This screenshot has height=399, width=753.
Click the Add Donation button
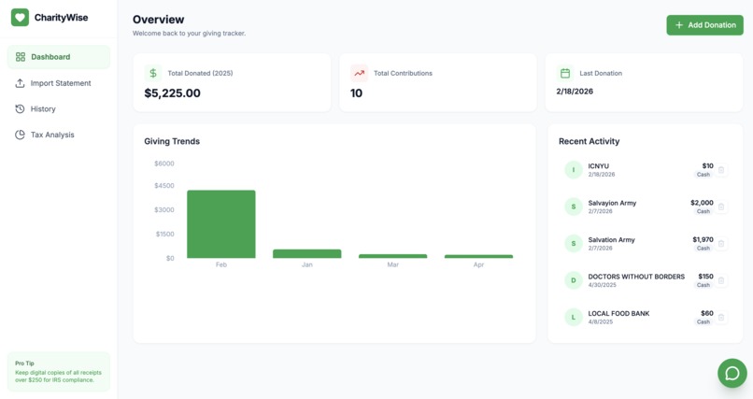[704, 25]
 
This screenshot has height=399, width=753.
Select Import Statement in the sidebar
[60, 83]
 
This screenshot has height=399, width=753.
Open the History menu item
[43, 109]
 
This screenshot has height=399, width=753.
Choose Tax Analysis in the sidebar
[51, 135]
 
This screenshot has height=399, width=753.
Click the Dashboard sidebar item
[50, 57]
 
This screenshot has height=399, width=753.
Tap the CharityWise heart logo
[20, 18]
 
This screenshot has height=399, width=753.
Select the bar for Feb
[220, 224]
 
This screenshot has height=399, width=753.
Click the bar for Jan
[306, 253]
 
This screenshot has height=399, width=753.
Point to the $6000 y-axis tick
[163, 164]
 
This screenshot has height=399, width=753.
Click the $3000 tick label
[163, 210]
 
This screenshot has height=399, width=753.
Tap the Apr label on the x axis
[478, 265]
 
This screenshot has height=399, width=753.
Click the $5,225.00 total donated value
[172, 93]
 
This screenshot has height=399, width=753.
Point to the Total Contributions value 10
[356, 93]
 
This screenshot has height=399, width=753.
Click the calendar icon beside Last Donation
[565, 73]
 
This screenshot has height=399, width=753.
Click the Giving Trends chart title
[172, 141]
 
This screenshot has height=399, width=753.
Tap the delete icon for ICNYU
[721, 170]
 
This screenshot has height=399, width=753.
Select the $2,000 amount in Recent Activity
[702, 203]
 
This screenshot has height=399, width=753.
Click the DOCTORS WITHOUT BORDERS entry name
[636, 277]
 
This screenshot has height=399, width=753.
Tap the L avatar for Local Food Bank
[574, 317]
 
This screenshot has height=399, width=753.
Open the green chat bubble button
[732, 373]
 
